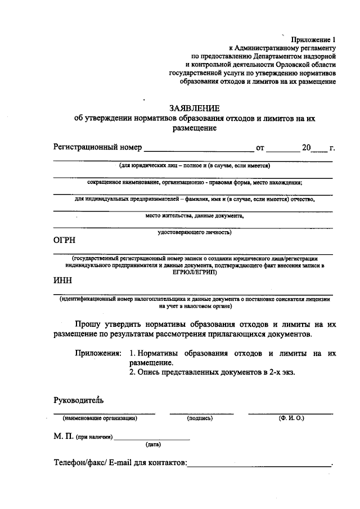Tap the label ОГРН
[65, 240]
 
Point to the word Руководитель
[78, 400]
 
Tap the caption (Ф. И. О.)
[291, 418]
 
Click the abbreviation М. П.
[64, 436]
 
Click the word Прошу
[88, 325]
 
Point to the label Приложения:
[98, 354]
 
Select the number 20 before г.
[306, 148]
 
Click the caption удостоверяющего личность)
[195, 232]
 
